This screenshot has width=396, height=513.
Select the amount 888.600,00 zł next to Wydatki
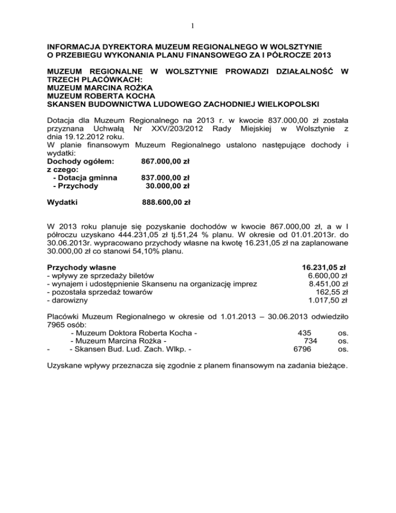click(167, 202)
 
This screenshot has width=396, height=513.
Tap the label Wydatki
click(62, 202)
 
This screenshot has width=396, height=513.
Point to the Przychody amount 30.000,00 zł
click(168, 186)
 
